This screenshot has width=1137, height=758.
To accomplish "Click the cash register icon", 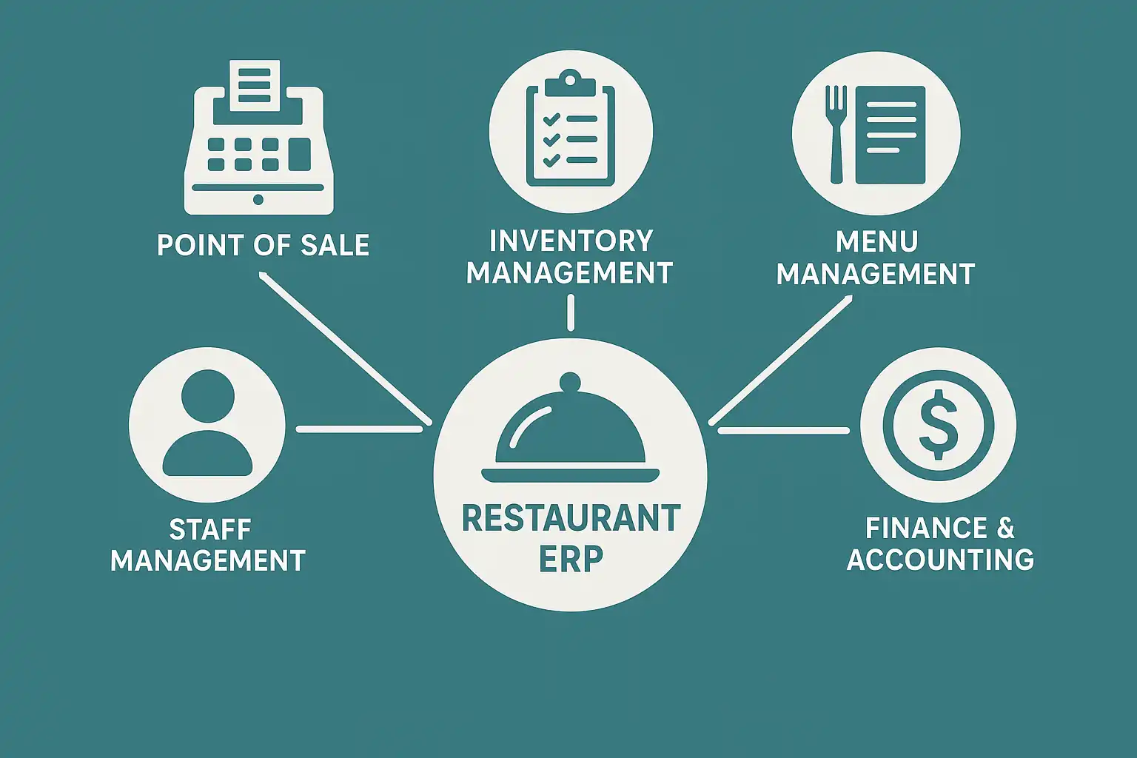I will coord(258,159).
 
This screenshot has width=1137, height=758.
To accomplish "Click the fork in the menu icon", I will coord(836,133).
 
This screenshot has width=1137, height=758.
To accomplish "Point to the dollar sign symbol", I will coord(938,425).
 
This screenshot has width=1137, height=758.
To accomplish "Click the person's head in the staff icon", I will coord(207,397).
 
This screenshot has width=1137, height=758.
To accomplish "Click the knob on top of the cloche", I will coord(570,383).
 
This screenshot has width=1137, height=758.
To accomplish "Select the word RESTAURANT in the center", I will coord(571,518).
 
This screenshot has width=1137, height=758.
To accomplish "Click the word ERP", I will coord(571,559).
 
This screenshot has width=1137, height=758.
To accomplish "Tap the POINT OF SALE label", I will coord(263,246).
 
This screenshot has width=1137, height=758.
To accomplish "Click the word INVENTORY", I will coord(571,241).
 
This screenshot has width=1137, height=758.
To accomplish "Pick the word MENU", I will coord(876,241).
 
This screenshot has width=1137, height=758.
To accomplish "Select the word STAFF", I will coord(209,529).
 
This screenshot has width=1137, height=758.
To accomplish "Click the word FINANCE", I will coord(926,529).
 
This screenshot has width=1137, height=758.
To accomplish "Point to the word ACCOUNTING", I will coord(940,560).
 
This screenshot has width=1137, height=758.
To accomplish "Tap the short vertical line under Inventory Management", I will coord(570,312).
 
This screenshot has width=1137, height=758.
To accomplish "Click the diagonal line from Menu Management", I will coord(781,360).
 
